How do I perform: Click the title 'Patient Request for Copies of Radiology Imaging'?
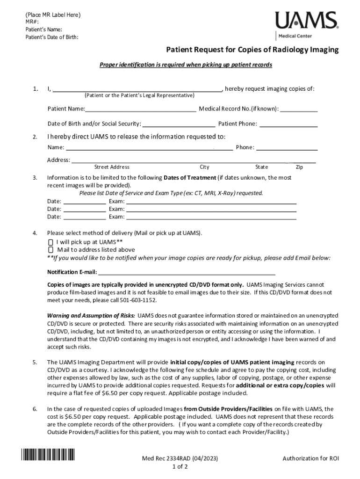click(x=253, y=50)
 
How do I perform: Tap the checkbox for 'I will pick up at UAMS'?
click(x=50, y=242)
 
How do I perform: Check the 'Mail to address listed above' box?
click(x=50, y=250)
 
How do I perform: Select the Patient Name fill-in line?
click(x=140, y=109)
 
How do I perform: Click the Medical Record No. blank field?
click(x=299, y=109)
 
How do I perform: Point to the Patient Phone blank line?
click(x=288, y=124)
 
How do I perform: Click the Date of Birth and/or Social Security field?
click(x=178, y=124)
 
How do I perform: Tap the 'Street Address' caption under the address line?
click(x=112, y=167)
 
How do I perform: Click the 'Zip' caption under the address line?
click(x=300, y=167)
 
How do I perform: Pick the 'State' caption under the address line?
click(x=261, y=167)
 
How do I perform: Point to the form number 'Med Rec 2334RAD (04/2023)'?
click(x=180, y=458)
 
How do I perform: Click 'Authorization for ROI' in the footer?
click(x=310, y=458)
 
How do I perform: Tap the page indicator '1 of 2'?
click(x=180, y=467)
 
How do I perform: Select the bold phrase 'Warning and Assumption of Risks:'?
click(x=92, y=315)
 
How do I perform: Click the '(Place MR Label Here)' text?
click(x=53, y=15)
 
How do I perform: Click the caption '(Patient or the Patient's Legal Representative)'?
click(x=139, y=95)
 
